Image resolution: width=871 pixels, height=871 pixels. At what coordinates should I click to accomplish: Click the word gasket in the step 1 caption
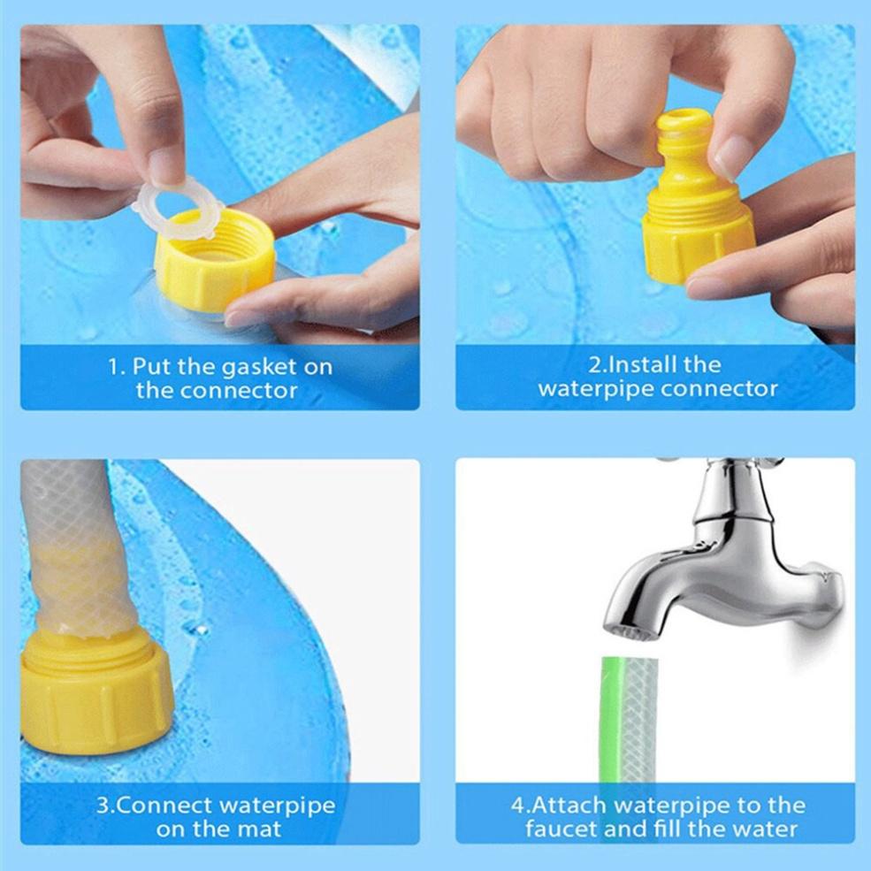[x=258, y=367]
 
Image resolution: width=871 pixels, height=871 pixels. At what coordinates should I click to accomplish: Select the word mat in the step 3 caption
[x=259, y=829]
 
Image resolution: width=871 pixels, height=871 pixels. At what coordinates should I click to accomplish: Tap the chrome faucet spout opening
[x=630, y=633]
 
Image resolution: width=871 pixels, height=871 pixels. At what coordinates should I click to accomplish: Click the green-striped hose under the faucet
[x=630, y=720]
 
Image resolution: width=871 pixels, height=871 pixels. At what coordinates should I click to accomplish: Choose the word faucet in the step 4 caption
[x=561, y=829]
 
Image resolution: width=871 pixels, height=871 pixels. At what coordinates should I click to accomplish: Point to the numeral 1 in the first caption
[x=113, y=367]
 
